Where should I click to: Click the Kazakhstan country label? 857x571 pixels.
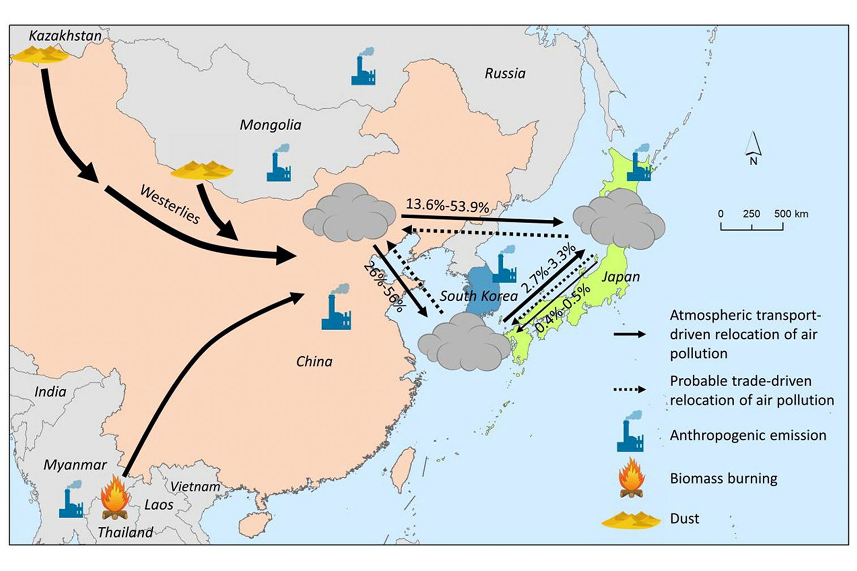[65, 36]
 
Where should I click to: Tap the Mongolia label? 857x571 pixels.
[270, 125]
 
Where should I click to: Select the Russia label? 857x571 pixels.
[505, 74]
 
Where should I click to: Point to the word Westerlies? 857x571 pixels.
[170, 205]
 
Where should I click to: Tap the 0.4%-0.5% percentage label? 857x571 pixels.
[563, 308]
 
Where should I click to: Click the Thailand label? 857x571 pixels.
[125, 532]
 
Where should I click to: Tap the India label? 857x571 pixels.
[50, 392]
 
